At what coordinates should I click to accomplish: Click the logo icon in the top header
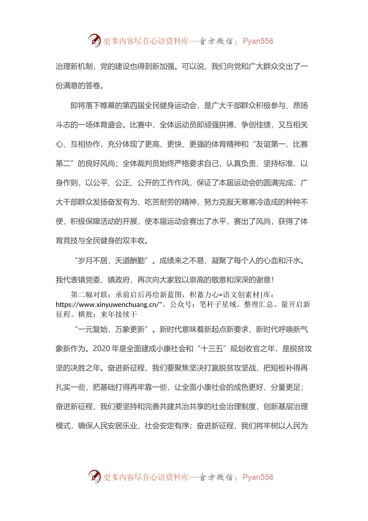point(94,40)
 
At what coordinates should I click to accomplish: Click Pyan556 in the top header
point(258,41)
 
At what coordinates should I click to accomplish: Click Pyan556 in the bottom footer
point(258,477)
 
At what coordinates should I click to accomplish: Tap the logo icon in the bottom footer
point(94,476)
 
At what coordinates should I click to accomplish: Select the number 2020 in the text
point(101,348)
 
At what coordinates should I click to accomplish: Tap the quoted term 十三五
point(212,348)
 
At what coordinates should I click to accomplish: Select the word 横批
point(86,314)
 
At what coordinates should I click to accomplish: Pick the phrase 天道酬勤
point(130,260)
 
